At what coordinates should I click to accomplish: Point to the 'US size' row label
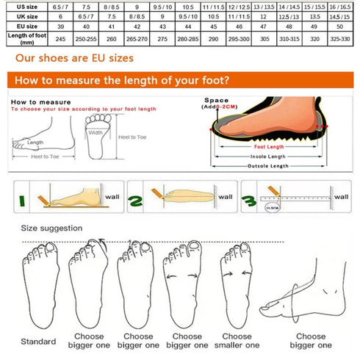click(x=22, y=4)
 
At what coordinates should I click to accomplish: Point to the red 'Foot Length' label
click(x=258, y=146)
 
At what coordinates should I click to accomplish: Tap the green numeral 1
click(x=22, y=199)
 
